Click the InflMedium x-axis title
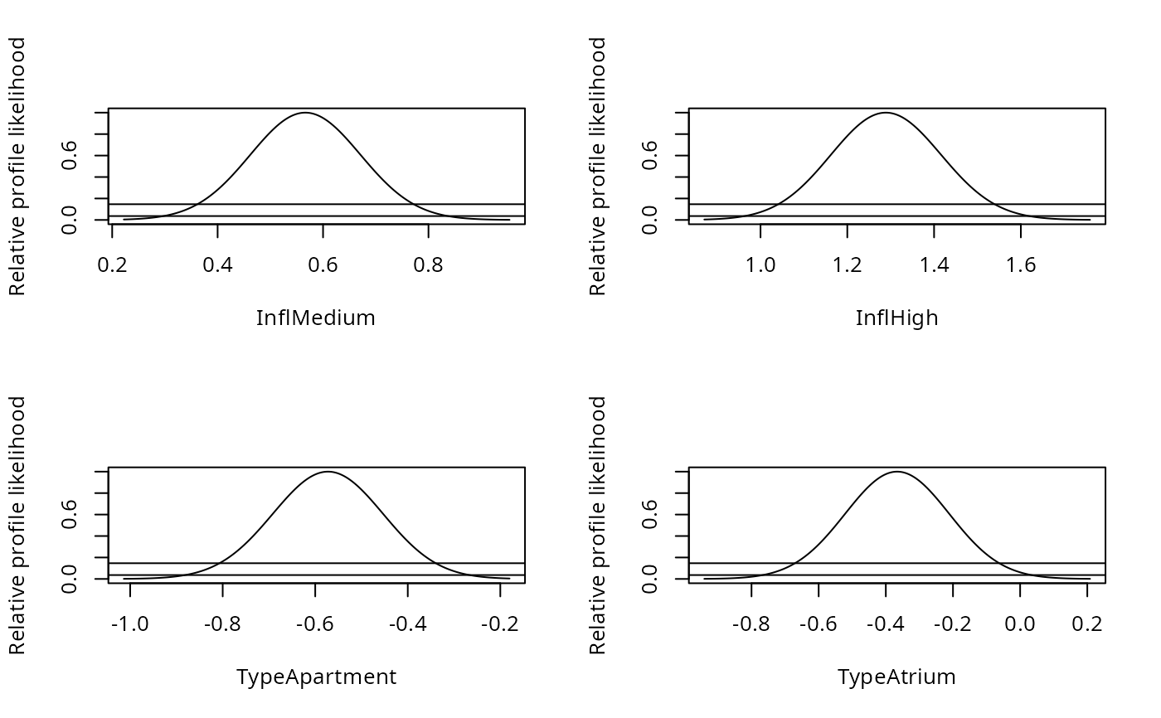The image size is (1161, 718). click(315, 318)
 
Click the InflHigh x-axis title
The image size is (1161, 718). click(896, 318)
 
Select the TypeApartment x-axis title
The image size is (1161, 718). click(316, 677)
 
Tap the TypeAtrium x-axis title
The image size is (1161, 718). click(896, 677)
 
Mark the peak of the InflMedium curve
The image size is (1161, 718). click(305, 113)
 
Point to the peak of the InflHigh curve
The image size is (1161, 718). click(887, 113)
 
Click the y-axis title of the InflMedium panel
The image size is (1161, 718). click(17, 166)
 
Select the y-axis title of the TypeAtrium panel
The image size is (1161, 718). click(598, 526)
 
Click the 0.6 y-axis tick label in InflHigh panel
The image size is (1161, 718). click(649, 156)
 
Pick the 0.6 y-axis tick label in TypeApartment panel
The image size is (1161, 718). click(69, 515)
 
